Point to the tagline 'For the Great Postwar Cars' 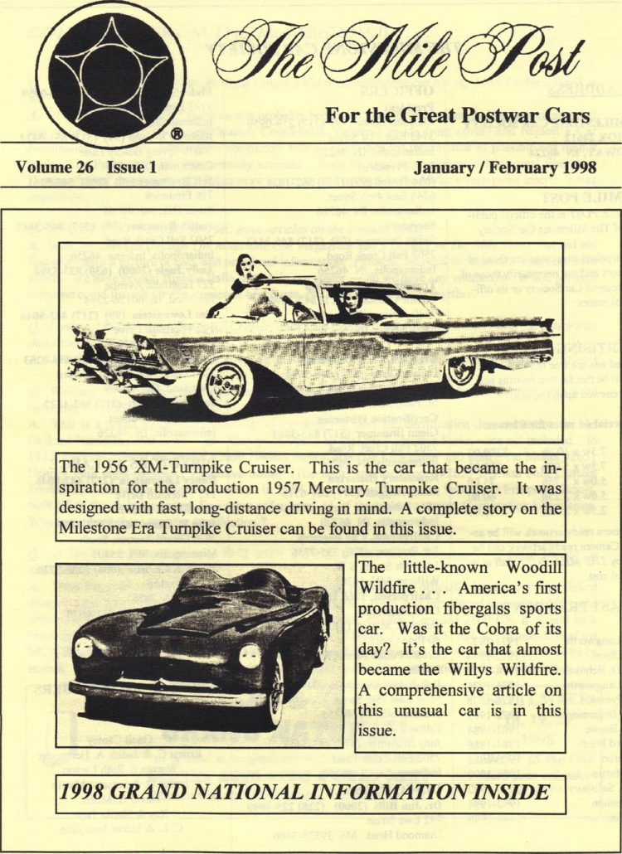click(x=457, y=114)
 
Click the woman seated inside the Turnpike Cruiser click(x=354, y=303)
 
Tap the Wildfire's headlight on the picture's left click(x=84, y=648)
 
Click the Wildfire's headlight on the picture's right click(x=250, y=656)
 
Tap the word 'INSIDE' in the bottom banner click(x=507, y=792)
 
